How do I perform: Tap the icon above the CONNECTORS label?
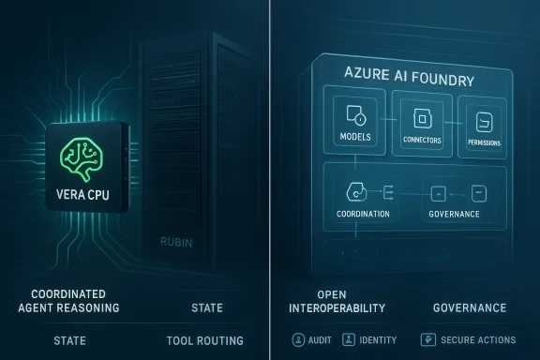tap(421, 119)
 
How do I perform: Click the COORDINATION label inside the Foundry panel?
tap(363, 214)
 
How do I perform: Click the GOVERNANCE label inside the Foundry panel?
tap(454, 214)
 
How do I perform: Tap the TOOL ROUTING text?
tap(204, 340)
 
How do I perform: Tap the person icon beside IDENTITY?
tap(349, 339)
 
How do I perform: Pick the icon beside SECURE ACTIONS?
tap(427, 339)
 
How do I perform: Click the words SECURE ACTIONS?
tap(476, 339)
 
